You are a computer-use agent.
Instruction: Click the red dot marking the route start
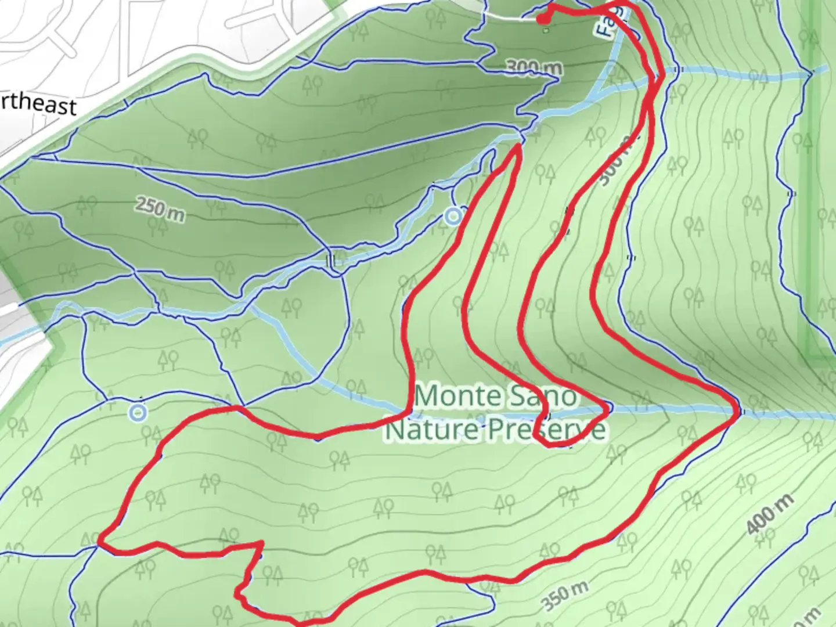(x=542, y=20)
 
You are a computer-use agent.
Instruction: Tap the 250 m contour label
(x=160, y=209)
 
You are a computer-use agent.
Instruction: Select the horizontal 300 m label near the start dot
(x=534, y=68)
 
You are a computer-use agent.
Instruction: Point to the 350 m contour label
(x=565, y=596)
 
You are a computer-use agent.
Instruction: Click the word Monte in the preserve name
(x=451, y=397)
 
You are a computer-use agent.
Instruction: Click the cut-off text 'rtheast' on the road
(x=37, y=105)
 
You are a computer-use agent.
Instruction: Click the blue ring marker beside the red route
(x=453, y=217)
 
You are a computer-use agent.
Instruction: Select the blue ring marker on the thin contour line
(x=138, y=413)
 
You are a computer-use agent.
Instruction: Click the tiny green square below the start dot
(x=545, y=31)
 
